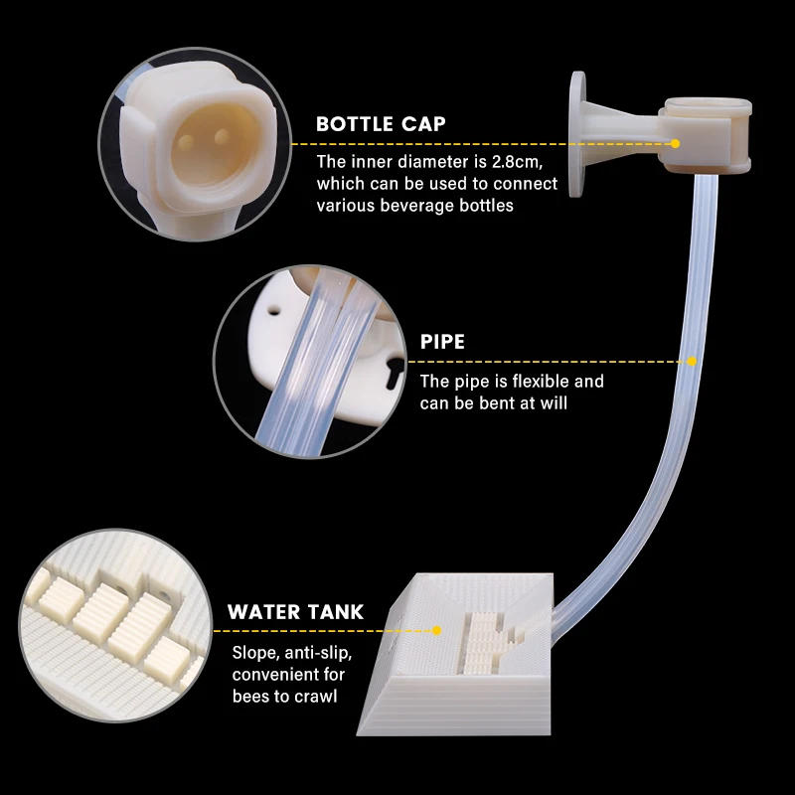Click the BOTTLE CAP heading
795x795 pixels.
click(x=381, y=124)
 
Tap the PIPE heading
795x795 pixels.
click(x=442, y=342)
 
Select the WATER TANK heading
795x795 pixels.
click(x=295, y=612)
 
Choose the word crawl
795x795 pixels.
click(x=316, y=697)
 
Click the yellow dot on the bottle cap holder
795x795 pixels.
click(x=675, y=144)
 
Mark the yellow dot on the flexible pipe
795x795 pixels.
click(x=692, y=362)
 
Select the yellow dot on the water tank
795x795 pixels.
click(x=436, y=631)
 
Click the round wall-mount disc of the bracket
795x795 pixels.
click(x=577, y=134)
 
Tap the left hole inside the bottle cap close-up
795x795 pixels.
click(x=186, y=142)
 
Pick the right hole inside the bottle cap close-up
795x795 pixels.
click(x=222, y=136)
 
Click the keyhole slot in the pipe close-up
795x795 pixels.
click(x=394, y=372)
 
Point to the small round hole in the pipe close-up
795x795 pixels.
click(x=274, y=308)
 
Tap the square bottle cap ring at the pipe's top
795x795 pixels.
click(x=706, y=135)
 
